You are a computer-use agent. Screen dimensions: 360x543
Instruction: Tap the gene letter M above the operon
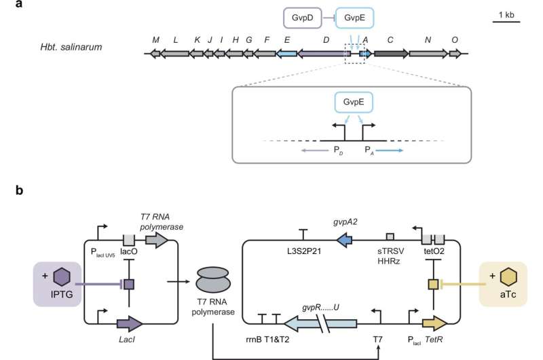tap(156, 40)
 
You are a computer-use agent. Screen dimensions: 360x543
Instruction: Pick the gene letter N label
tap(428, 40)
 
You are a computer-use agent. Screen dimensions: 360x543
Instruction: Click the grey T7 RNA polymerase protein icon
tap(214, 281)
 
